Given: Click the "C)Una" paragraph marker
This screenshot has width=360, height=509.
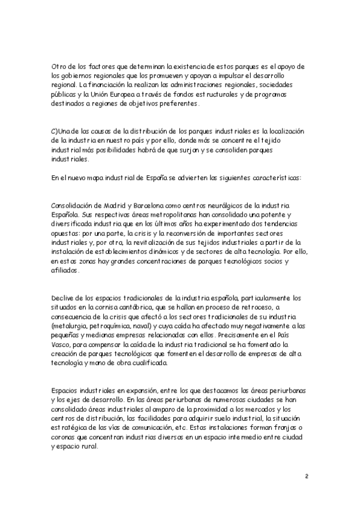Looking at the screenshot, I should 62,131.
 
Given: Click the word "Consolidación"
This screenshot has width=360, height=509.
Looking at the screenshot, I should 73,205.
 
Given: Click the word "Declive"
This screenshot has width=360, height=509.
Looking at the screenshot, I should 64,298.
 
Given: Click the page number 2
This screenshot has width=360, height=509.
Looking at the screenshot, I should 306,477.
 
